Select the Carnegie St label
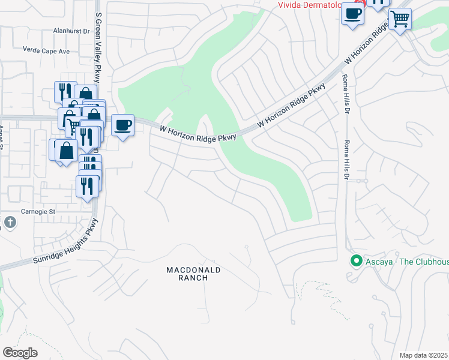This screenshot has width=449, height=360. (x=39, y=212)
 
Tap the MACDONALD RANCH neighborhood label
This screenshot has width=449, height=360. (x=193, y=274)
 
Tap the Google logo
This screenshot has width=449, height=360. (x=20, y=353)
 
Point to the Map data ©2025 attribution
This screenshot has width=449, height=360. (x=423, y=355)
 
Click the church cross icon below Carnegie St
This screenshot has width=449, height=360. (x=9, y=223)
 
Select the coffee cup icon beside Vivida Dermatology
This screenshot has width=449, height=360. (x=352, y=13)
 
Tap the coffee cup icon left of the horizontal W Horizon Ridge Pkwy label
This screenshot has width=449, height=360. (x=123, y=125)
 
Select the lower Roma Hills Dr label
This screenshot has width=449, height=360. (x=346, y=160)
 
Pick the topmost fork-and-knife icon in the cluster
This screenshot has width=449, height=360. (x=65, y=91)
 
